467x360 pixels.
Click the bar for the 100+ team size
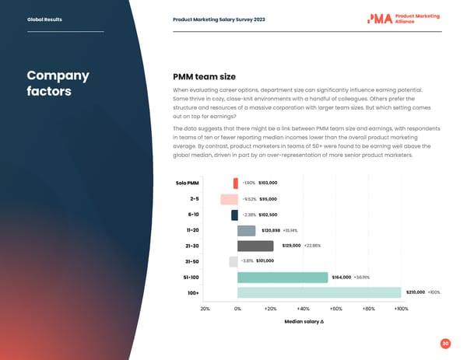(319, 293)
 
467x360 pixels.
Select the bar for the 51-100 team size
(283, 278)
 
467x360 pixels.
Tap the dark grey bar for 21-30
(255, 246)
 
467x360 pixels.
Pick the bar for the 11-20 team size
(246, 231)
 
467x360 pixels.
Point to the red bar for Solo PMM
(235, 183)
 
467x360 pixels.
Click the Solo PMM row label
(188, 183)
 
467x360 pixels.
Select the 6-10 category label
(192, 215)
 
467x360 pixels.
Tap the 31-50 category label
(191, 262)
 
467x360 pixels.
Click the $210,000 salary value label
(414, 293)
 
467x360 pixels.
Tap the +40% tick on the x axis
(304, 309)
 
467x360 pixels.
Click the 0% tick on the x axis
(237, 309)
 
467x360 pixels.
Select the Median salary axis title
(304, 323)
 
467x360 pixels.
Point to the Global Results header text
(43, 19)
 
